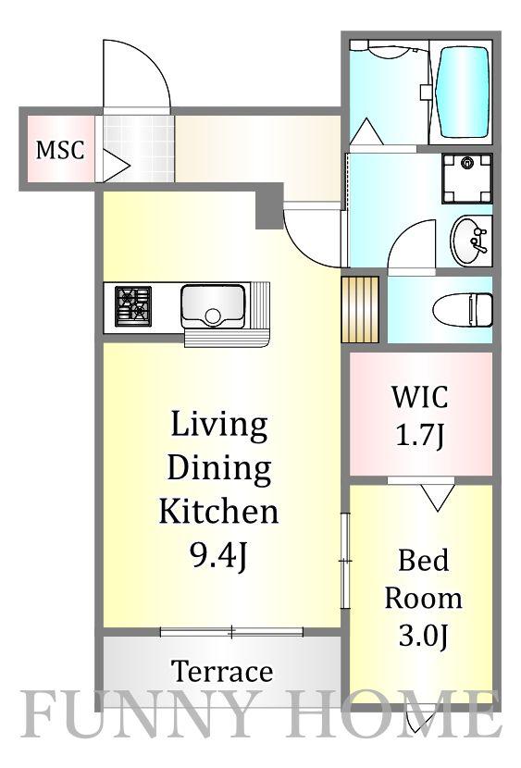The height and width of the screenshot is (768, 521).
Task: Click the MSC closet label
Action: click(60, 150)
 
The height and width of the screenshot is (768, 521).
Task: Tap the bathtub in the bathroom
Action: click(463, 93)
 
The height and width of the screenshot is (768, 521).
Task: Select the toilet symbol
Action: click(463, 310)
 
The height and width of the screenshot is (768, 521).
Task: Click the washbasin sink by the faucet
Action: click(469, 241)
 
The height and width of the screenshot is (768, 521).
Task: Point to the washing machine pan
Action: click(466, 179)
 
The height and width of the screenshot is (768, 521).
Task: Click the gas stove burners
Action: click(132, 306)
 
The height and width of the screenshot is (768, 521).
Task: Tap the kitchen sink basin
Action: click(213, 306)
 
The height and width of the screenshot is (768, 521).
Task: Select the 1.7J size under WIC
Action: click(419, 436)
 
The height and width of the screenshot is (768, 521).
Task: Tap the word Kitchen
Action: click(218, 512)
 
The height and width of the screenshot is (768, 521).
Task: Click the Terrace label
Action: click(222, 672)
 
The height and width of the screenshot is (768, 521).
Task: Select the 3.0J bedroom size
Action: click(423, 637)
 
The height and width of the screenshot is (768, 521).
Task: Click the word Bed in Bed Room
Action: click(423, 561)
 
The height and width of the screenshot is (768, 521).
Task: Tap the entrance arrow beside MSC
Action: click(115, 166)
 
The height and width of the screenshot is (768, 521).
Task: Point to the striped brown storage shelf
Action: click(360, 310)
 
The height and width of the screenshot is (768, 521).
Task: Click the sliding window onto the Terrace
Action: click(232, 632)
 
